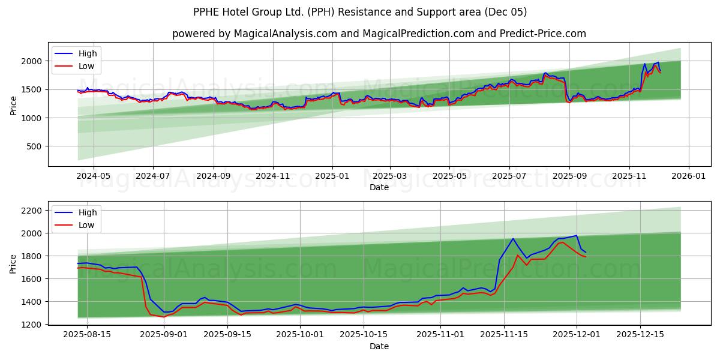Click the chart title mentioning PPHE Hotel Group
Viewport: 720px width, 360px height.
[x=360, y=12]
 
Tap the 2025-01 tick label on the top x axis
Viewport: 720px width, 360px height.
[x=332, y=176]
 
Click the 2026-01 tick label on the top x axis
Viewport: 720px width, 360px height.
[x=688, y=176]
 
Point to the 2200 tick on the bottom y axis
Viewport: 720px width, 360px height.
[x=31, y=210]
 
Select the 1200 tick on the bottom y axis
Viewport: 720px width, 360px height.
[x=31, y=324]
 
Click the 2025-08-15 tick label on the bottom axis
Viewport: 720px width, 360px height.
[x=87, y=335]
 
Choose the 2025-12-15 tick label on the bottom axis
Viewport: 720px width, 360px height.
[x=640, y=335]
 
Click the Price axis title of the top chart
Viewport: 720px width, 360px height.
[x=13, y=105]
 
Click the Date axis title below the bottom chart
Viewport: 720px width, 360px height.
[x=379, y=346]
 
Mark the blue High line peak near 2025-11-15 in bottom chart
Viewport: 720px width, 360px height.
[x=513, y=238]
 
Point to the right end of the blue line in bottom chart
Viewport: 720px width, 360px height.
[x=586, y=253]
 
